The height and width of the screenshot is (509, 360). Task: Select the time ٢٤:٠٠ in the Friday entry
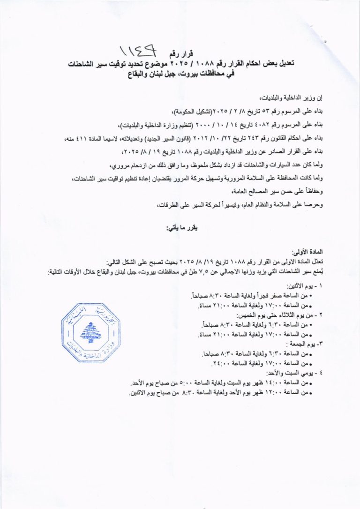(x=217, y=363)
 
